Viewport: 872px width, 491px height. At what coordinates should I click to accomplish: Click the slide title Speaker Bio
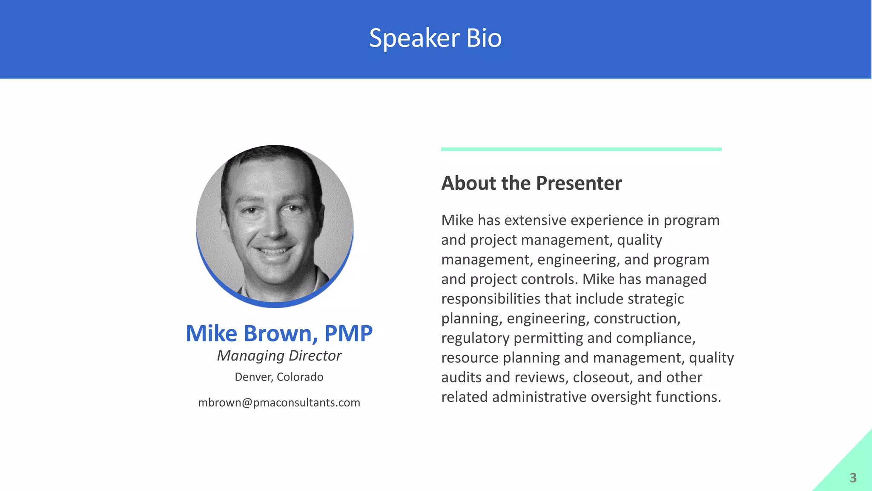click(x=435, y=38)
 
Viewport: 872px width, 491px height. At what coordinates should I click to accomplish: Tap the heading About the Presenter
click(x=531, y=183)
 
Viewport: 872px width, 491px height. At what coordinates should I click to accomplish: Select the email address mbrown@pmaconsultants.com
click(x=279, y=402)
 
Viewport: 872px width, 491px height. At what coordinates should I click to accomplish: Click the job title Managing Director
click(x=279, y=355)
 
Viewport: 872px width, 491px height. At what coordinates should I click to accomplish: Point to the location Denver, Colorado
click(x=279, y=377)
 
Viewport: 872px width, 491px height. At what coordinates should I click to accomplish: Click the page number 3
click(x=853, y=477)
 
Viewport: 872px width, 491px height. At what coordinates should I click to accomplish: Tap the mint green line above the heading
click(x=581, y=149)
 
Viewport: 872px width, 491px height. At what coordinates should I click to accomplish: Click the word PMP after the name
click(x=348, y=333)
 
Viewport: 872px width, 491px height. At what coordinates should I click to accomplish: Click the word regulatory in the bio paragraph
click(x=475, y=338)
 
